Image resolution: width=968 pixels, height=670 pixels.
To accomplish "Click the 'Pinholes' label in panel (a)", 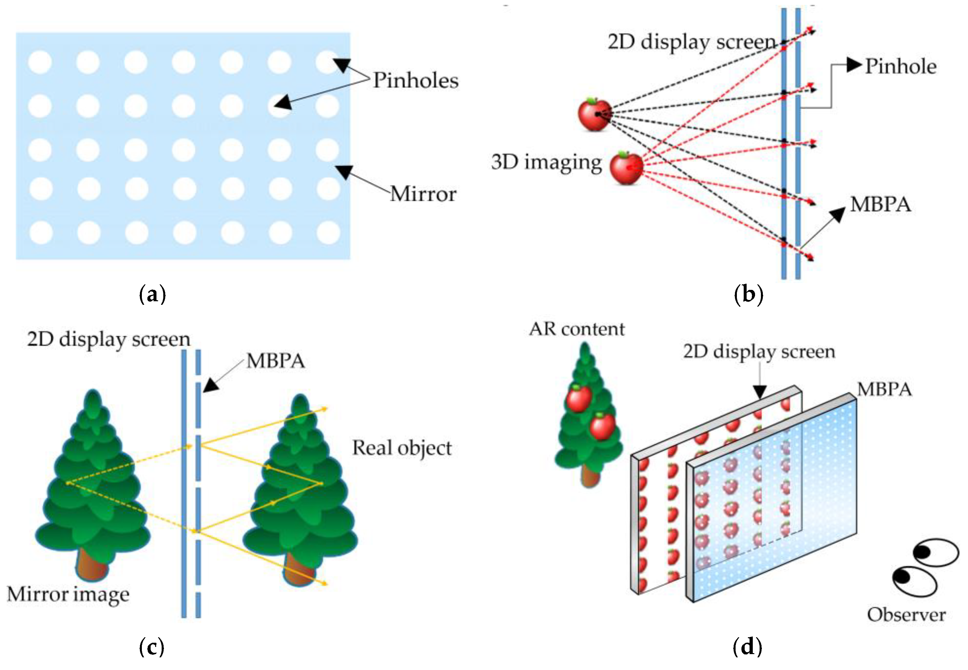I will click(415, 80).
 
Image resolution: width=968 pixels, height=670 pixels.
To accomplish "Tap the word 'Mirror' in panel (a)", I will click(423, 194).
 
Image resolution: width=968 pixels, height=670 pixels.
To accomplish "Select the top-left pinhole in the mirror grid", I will click(40, 62).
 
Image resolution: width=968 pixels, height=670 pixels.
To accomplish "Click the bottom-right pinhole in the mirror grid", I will click(328, 232).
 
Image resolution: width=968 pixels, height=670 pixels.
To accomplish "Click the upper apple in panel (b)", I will click(594, 114).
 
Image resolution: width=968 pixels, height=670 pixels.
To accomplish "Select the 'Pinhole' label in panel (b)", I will click(900, 66).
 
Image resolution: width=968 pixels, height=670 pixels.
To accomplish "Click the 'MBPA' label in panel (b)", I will click(880, 205).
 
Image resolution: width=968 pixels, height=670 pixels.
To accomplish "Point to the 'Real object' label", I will click(402, 448).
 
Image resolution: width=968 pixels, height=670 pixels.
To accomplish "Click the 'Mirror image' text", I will click(68, 594).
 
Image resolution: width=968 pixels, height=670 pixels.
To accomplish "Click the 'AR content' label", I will click(576, 329).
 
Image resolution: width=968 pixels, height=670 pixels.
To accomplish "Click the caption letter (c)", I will click(152, 647).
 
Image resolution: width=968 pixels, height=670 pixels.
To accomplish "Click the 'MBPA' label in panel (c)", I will click(275, 361).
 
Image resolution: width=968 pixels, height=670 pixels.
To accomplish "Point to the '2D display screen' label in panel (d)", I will click(759, 351).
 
